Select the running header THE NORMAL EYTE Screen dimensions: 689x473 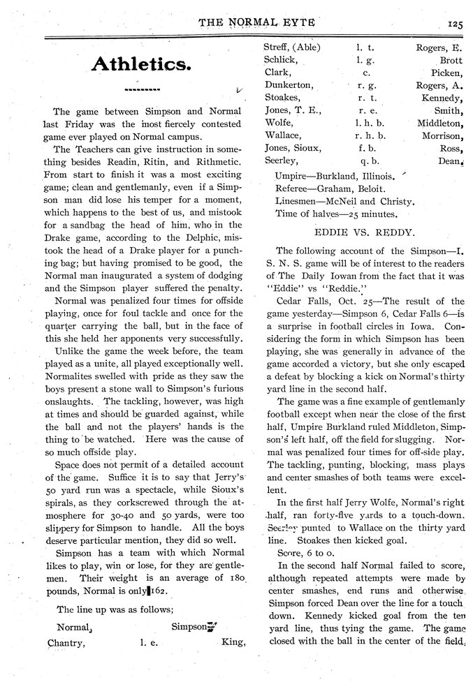pyautogui.click(x=256, y=22)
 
